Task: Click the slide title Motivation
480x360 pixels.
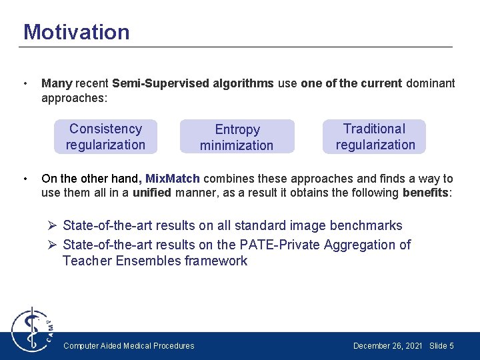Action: point(76,32)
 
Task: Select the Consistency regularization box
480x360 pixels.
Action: point(105,137)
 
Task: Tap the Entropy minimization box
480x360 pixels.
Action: point(237,137)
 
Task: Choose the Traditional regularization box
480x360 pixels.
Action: point(375,137)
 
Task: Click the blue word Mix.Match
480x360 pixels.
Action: point(173,179)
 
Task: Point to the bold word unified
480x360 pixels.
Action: point(151,193)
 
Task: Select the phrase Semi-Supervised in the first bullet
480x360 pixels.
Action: point(151,83)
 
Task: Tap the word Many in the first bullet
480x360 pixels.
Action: point(57,83)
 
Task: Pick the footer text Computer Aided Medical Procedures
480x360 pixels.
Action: point(129,345)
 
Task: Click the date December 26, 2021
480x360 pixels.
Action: point(387,345)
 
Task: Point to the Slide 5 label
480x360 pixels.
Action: point(441,345)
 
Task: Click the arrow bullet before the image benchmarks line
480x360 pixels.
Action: point(53,226)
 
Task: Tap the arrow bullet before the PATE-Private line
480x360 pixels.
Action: point(53,245)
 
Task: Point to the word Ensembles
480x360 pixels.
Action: point(147,261)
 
